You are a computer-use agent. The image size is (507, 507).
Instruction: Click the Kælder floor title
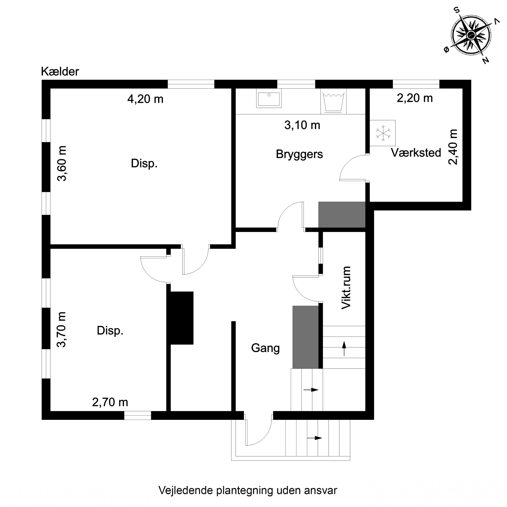(x=60, y=72)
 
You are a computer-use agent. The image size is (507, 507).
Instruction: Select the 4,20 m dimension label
(x=145, y=99)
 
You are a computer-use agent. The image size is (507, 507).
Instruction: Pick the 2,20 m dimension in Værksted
(x=415, y=98)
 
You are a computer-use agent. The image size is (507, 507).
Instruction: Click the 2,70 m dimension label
(x=110, y=402)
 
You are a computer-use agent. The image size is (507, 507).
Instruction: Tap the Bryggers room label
(x=299, y=154)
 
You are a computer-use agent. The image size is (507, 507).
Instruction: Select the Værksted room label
(x=416, y=153)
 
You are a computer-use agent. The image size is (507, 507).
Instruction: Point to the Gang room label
(x=265, y=348)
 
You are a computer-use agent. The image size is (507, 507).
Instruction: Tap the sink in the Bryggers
(x=269, y=98)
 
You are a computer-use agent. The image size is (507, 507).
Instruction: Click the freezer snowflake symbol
(x=383, y=133)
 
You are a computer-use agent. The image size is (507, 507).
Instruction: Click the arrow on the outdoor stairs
(x=314, y=438)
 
